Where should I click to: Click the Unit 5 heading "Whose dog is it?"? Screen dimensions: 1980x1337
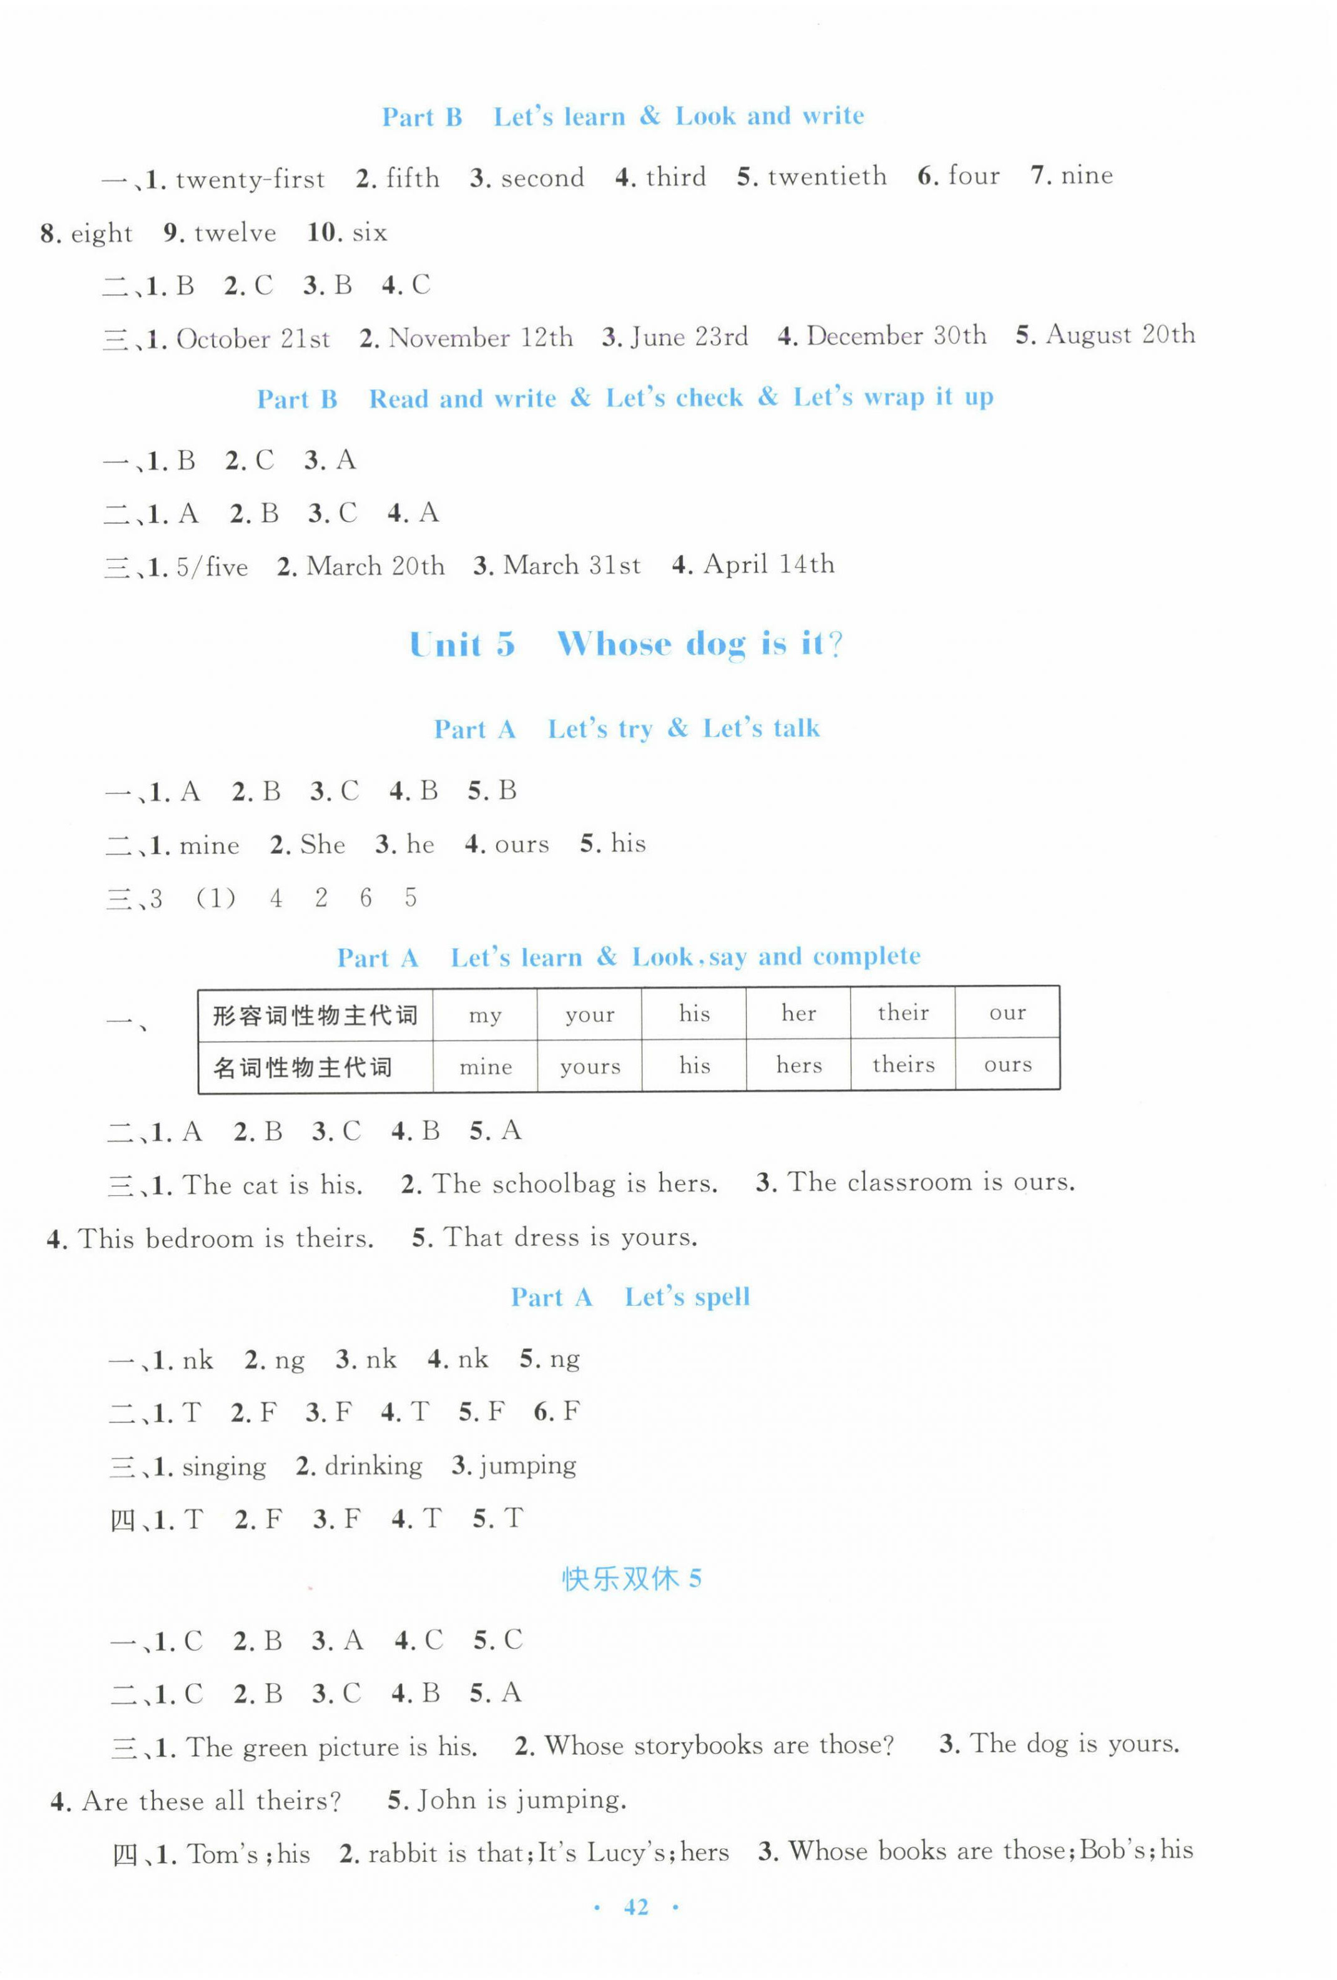[x=626, y=644]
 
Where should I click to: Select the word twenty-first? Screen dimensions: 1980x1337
[x=250, y=179]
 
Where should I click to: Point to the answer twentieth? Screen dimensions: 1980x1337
[x=826, y=177]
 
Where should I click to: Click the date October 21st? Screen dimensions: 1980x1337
[x=252, y=339]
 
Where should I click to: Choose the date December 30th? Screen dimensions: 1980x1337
[x=896, y=336]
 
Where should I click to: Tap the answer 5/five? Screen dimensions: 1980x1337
[x=212, y=567]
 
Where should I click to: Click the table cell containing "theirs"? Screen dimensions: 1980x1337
[x=903, y=1064]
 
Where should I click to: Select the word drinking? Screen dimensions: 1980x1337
[x=373, y=1466]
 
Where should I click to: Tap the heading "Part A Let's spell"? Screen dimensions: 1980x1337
[x=630, y=1296]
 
